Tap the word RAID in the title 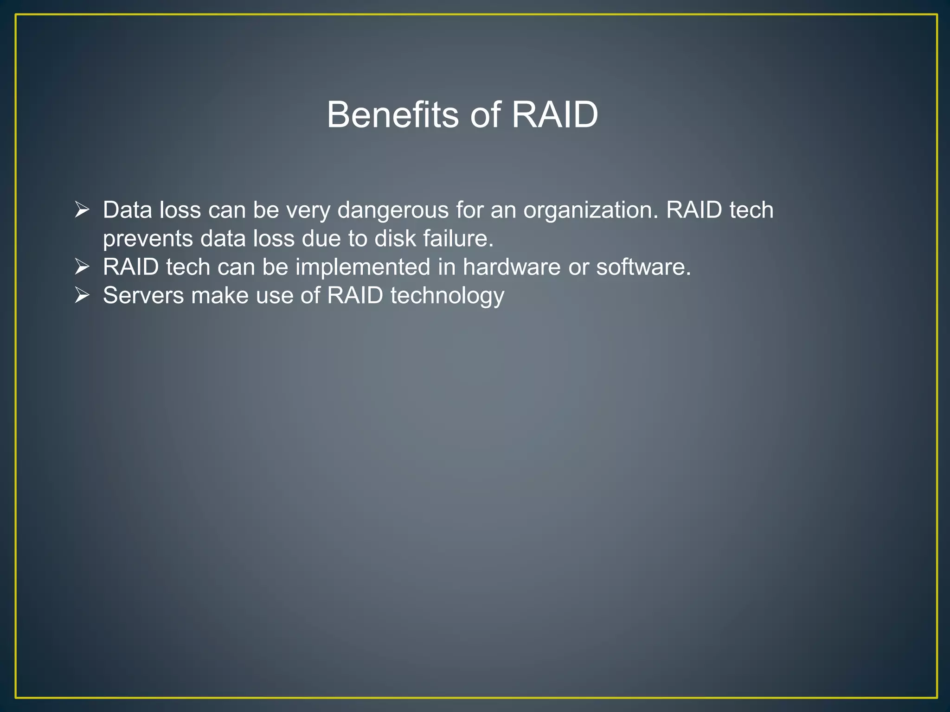(x=555, y=114)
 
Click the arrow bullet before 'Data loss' (x=82, y=210)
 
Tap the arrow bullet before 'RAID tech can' (x=82, y=267)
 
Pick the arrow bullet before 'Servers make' (x=82, y=295)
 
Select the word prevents (x=148, y=239)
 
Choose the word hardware (x=511, y=267)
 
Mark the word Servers (x=143, y=296)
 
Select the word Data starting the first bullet (x=128, y=210)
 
